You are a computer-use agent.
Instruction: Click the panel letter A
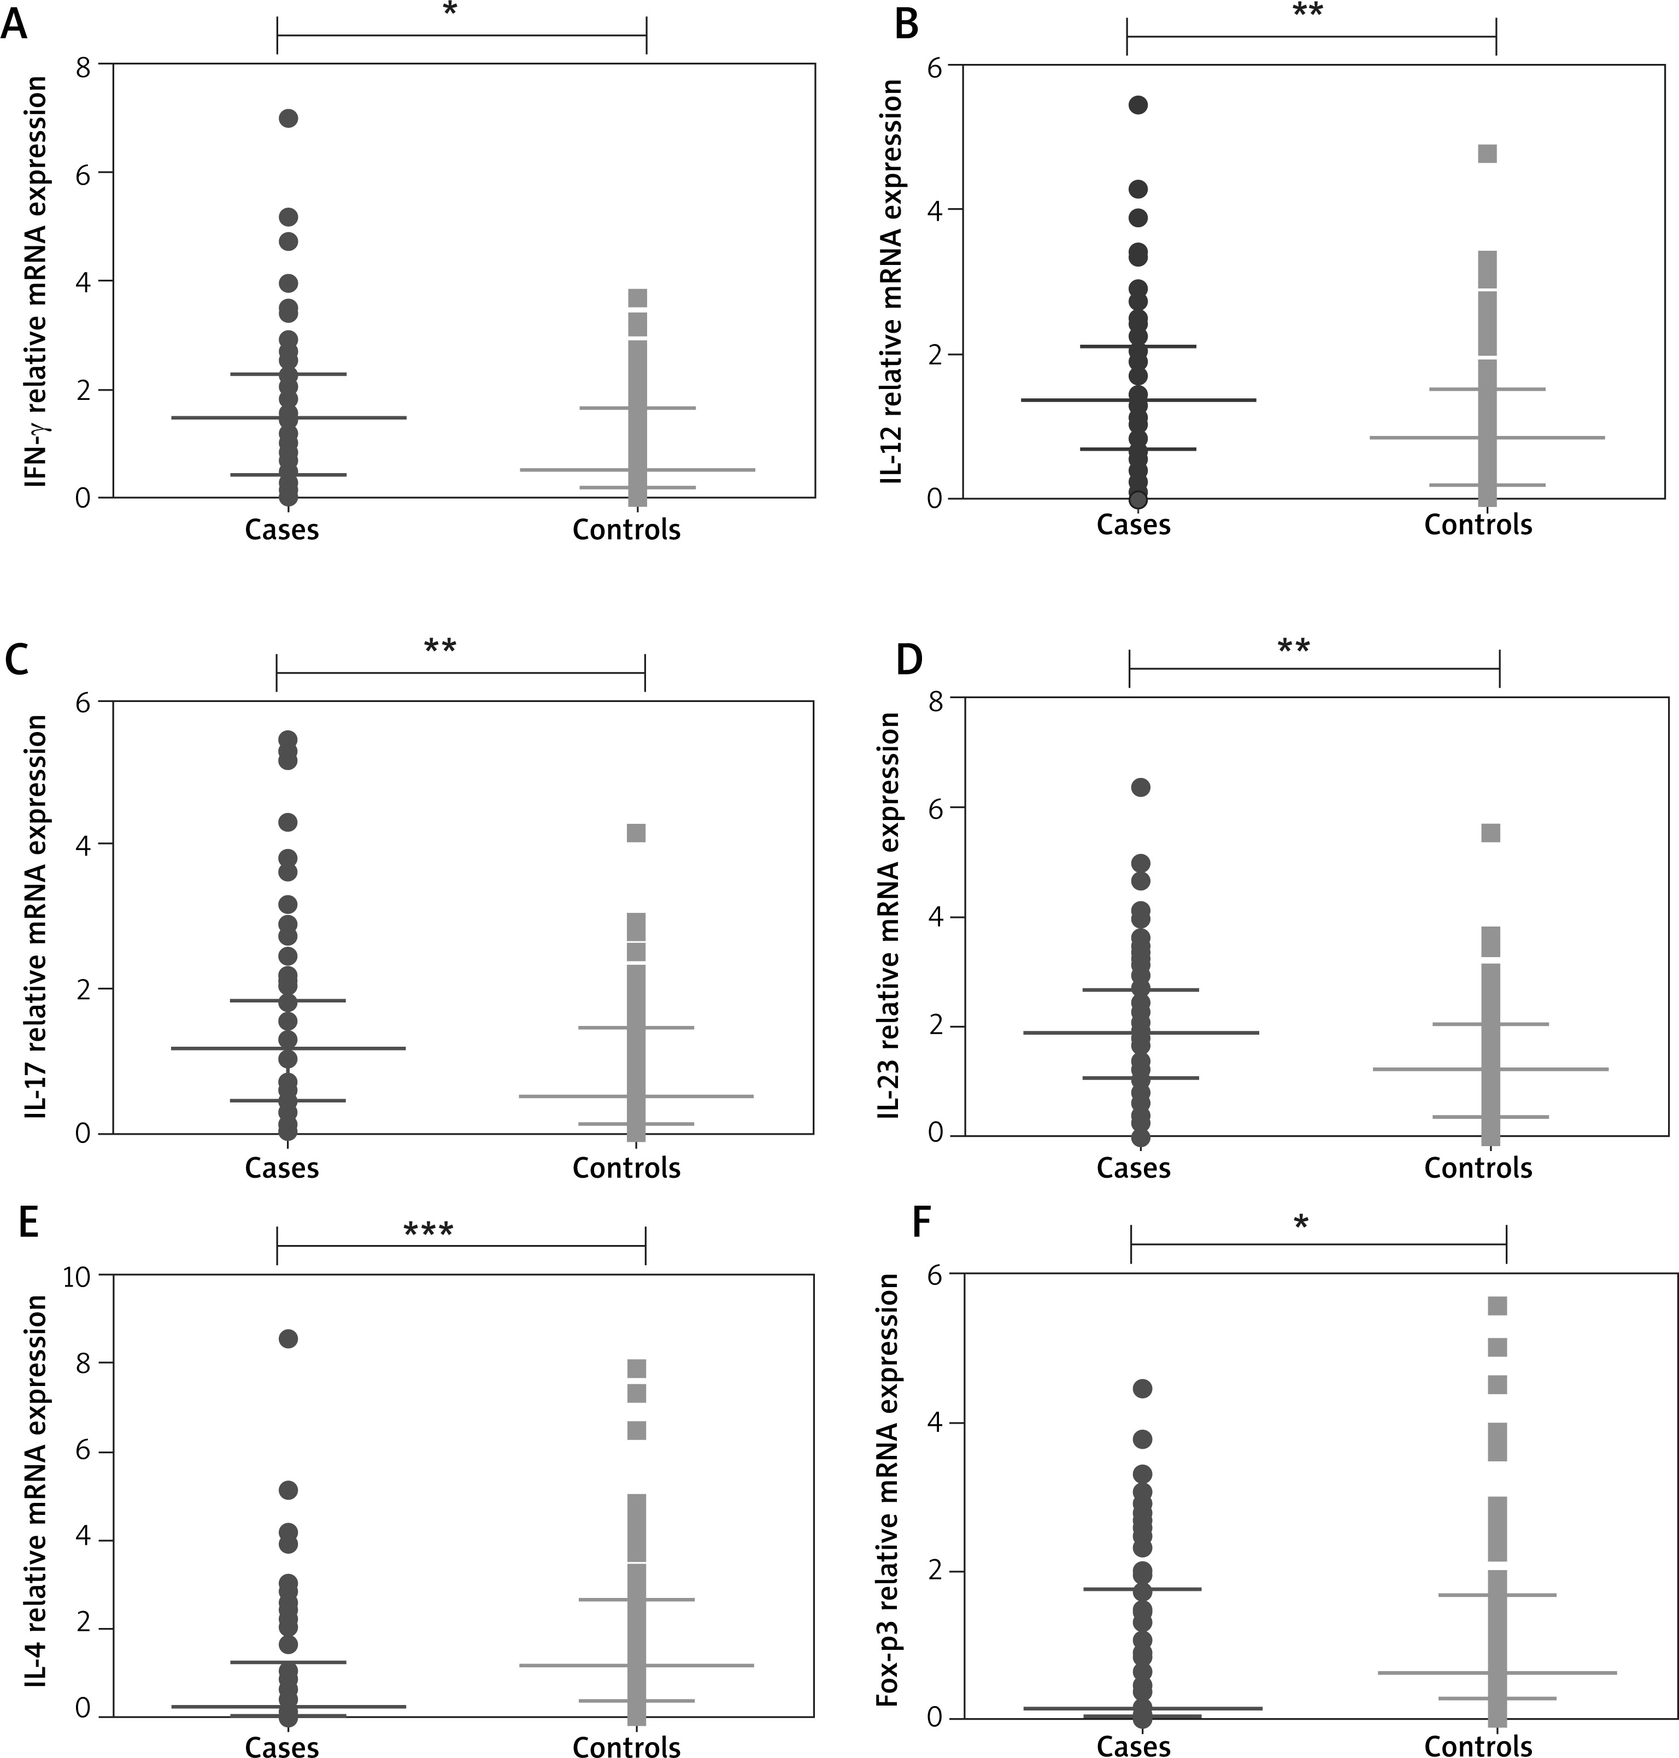tap(14, 25)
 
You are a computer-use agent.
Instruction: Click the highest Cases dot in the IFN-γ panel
tap(288, 118)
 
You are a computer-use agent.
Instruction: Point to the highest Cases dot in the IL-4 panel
tap(288, 1338)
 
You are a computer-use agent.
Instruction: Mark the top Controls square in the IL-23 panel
tap(1490, 833)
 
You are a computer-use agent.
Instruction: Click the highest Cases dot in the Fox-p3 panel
tap(1142, 1389)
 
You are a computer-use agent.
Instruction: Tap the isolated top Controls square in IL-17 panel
tap(636, 833)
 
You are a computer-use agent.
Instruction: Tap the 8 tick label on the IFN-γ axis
tap(83, 66)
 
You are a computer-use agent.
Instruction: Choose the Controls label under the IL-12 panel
tap(1478, 524)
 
